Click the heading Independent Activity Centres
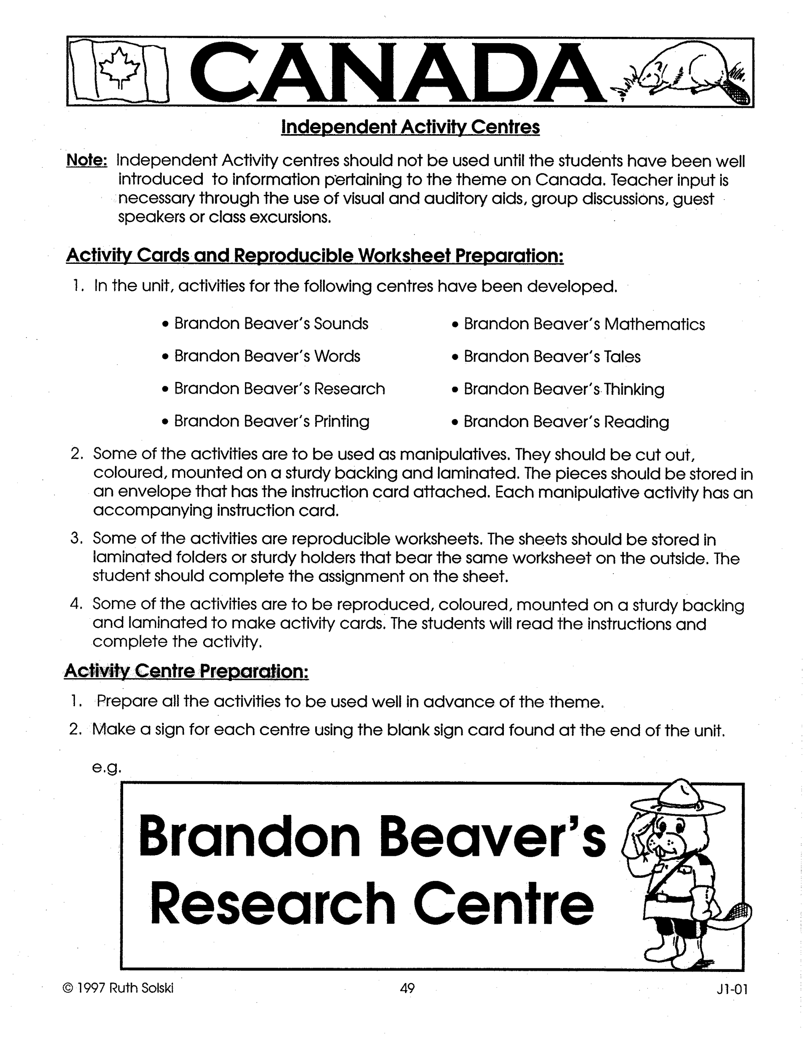coord(410,127)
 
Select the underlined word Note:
coord(87,160)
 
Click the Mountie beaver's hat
coord(678,799)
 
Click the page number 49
coord(407,988)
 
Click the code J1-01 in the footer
coord(732,990)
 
